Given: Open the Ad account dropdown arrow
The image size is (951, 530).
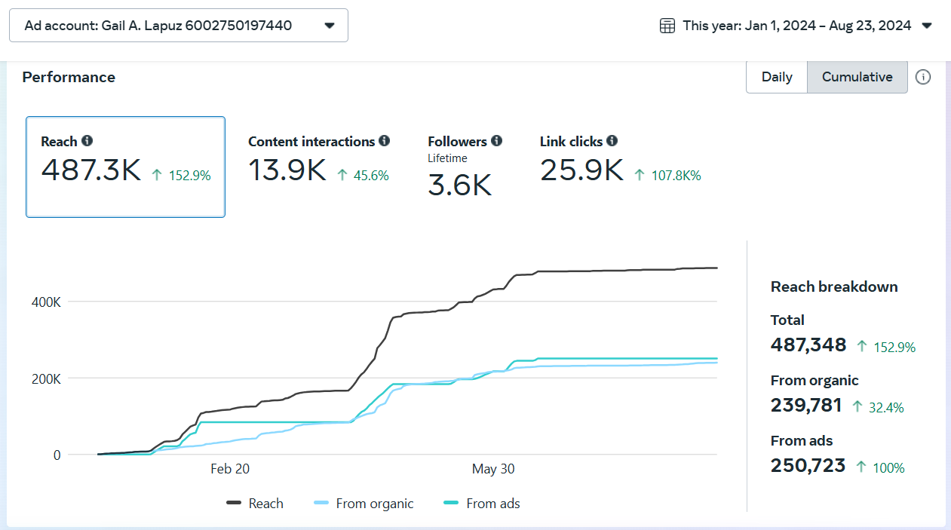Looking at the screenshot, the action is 330,26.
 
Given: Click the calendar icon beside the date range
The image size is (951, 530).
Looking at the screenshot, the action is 667,26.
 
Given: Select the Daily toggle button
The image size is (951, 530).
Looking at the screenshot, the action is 777,77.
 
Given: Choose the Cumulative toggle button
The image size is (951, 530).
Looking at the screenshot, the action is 857,77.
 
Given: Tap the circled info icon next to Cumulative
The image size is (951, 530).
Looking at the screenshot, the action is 923,77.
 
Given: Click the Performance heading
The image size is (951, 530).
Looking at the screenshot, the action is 69,77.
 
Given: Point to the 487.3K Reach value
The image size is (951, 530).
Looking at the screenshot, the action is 90,170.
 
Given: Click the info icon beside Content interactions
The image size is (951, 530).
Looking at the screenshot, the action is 384,140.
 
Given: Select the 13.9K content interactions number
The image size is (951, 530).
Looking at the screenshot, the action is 287,170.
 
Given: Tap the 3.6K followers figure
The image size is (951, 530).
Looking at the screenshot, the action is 459,185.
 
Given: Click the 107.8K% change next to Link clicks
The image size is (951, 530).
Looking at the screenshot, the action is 676,175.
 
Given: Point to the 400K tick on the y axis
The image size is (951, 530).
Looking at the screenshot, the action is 46,302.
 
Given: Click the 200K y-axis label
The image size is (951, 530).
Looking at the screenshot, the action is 46,379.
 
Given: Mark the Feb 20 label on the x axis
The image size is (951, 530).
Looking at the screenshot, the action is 230,469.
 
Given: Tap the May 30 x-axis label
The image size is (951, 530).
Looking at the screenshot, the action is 493,469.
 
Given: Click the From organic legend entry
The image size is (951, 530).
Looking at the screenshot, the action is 364,504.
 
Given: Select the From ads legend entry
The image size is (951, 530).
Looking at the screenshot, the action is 481,504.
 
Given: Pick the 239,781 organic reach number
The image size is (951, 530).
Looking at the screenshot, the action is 805,406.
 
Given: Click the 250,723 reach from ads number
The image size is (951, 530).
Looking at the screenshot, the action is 808,465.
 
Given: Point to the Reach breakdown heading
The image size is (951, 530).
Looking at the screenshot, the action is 834,286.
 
